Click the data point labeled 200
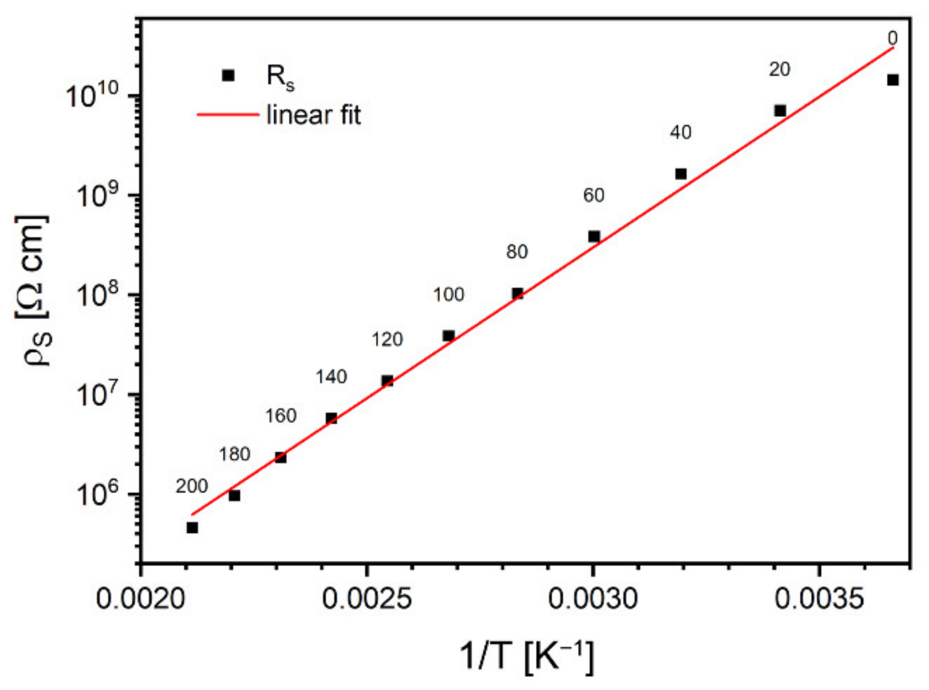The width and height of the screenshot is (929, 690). pyautogui.click(x=192, y=527)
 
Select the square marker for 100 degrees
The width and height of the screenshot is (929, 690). pyautogui.click(x=449, y=336)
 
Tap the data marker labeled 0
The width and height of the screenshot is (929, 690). pyautogui.click(x=893, y=80)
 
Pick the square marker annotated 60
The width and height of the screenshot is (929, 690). pyautogui.click(x=594, y=237)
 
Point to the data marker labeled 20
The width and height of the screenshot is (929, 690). pyautogui.click(x=780, y=111)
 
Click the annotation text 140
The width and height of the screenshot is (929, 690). pyautogui.click(x=331, y=377)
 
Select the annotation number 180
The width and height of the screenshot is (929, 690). pyautogui.click(x=235, y=454)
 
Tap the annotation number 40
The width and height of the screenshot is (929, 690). pyautogui.click(x=681, y=132)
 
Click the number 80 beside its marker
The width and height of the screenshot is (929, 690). pyautogui.click(x=517, y=252)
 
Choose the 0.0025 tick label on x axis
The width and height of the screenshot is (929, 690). pyautogui.click(x=367, y=598)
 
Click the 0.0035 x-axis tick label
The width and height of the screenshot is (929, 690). pyautogui.click(x=819, y=598)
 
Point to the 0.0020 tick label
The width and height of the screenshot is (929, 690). pyautogui.click(x=141, y=598)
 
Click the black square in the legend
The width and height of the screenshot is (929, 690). pyautogui.click(x=228, y=75)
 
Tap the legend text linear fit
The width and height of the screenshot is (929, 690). pyautogui.click(x=313, y=115)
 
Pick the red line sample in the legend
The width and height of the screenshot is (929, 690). pyautogui.click(x=228, y=115)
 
